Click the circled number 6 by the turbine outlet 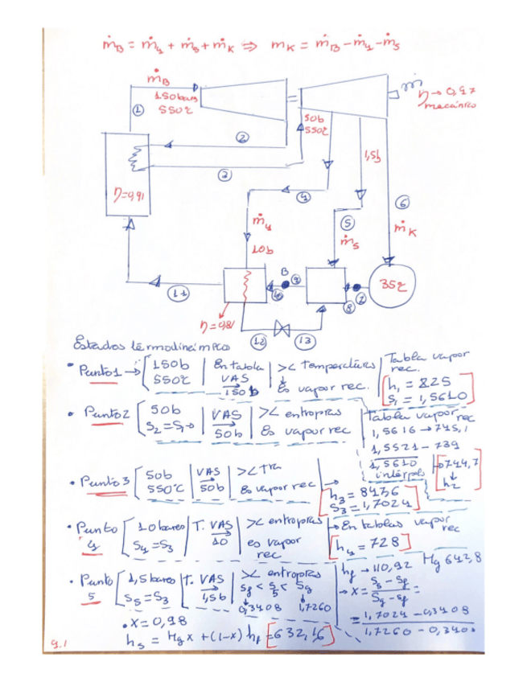(x=404, y=202)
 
